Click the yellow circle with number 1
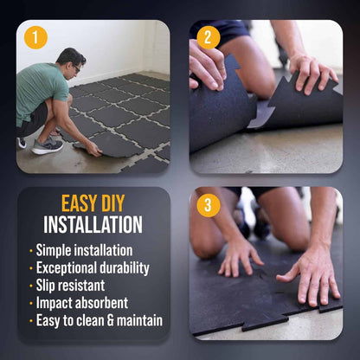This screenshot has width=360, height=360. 35,38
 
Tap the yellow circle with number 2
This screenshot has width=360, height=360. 209,38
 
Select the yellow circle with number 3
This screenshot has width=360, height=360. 209,206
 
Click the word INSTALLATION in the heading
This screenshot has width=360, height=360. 93,225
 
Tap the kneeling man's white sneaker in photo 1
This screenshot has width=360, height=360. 48,146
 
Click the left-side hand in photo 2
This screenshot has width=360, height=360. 208,65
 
